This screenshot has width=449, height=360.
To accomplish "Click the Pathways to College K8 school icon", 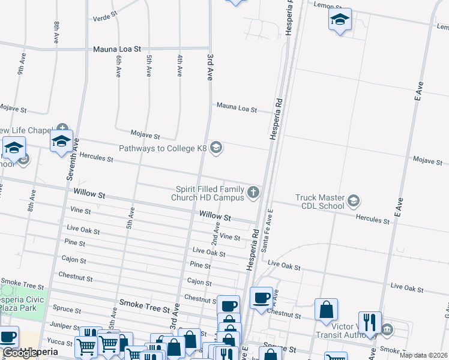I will [217, 148].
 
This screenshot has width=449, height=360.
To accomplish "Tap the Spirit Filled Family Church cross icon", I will [254, 193].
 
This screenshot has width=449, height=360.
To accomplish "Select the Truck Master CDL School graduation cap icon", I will [354, 200].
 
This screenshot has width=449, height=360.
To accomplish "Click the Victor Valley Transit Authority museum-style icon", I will [387, 329].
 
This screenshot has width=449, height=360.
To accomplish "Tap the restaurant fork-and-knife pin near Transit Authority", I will [370, 322].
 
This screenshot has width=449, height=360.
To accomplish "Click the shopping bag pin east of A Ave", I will [326, 310].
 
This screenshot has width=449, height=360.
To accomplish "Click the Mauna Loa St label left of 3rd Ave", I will [116, 49].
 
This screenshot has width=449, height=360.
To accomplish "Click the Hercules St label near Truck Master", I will [373, 220].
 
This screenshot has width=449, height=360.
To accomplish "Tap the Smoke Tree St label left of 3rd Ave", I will [145, 308].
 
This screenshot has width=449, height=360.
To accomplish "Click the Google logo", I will [19, 353].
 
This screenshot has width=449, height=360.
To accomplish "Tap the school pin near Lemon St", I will [340, 20].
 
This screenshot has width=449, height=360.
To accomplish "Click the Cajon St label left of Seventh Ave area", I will [74, 259].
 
